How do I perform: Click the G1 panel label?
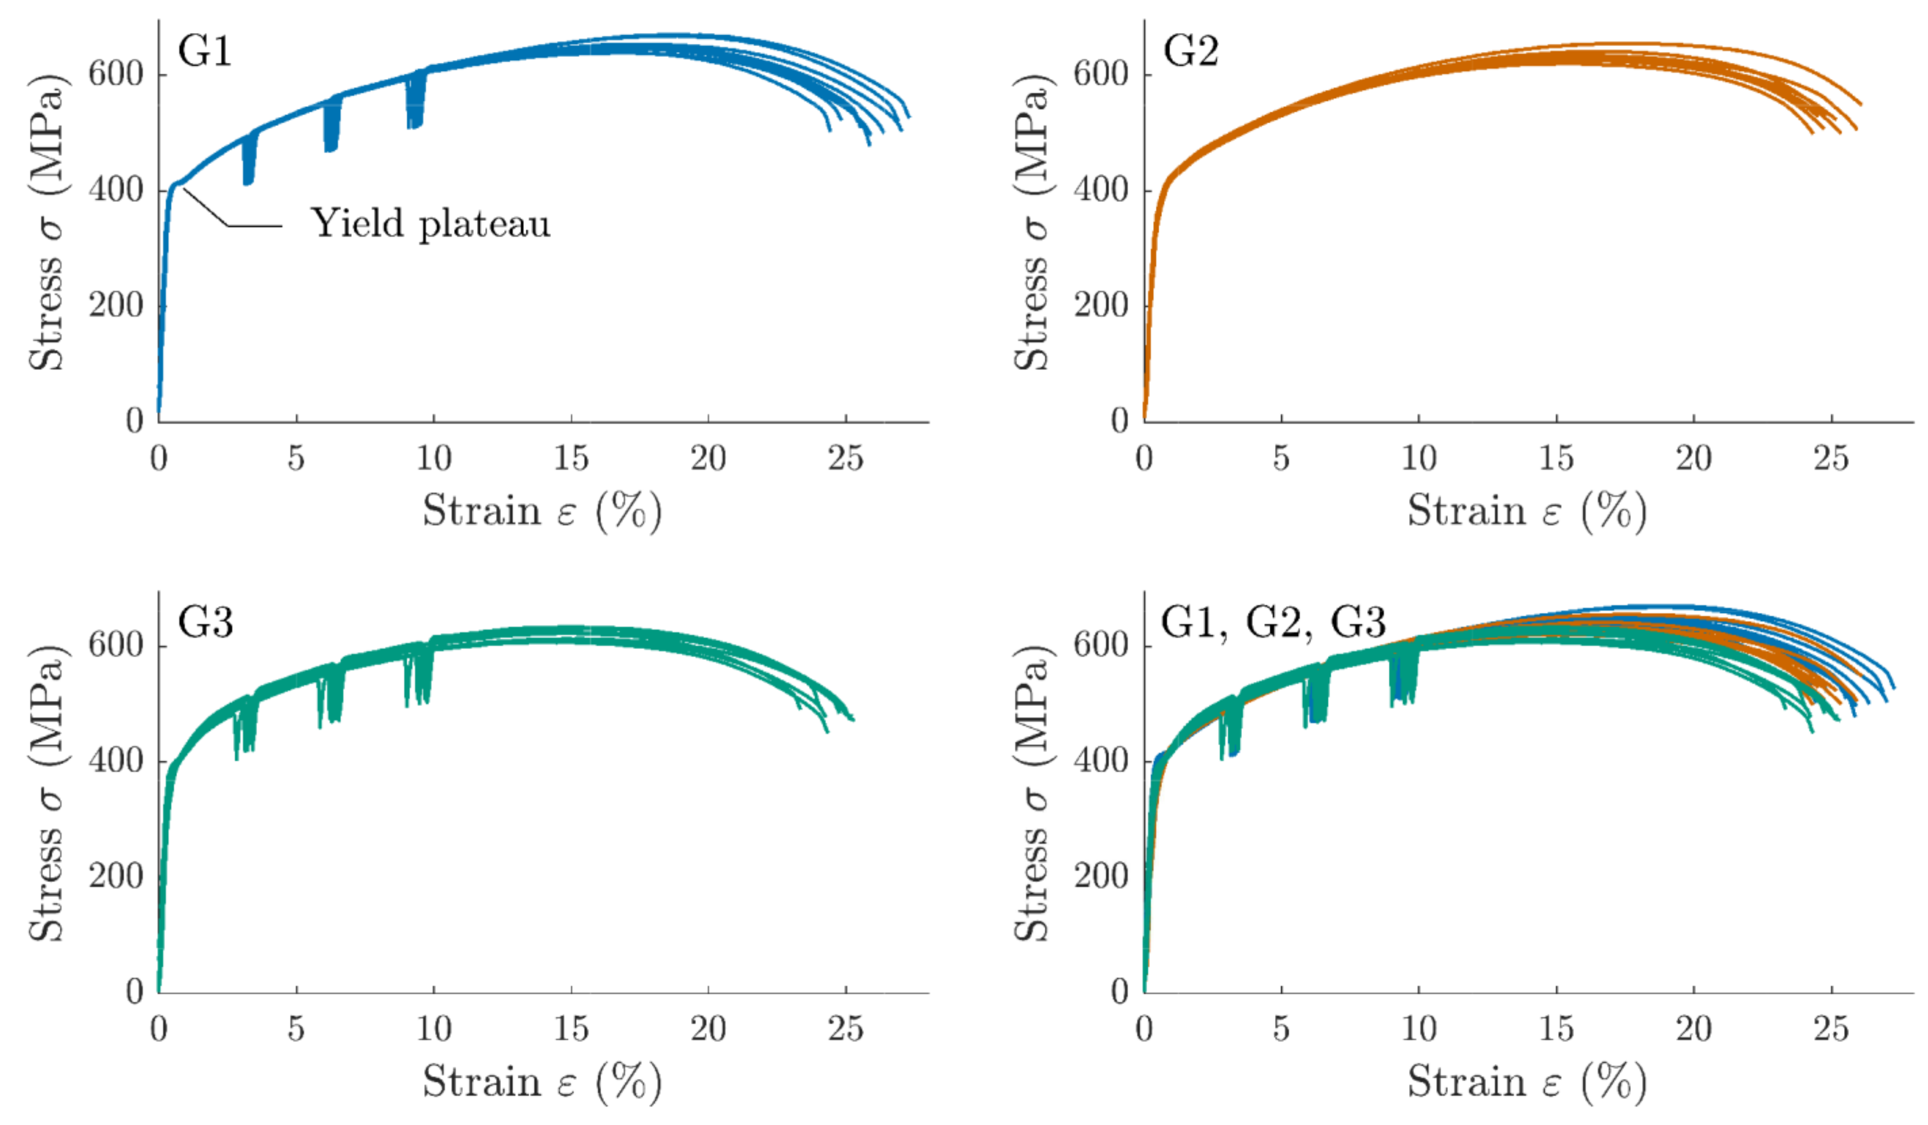204,52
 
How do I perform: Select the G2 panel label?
1191,52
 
